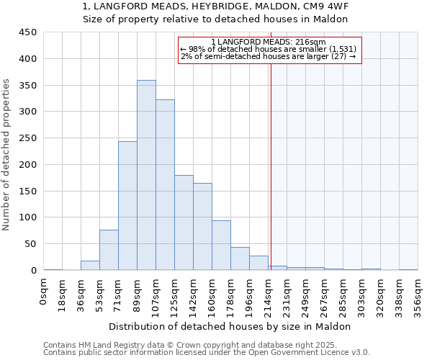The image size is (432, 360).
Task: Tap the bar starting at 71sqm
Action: (x=127, y=206)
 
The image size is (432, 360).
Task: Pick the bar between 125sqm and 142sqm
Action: (x=184, y=222)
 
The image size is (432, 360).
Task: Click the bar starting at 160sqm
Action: (x=221, y=246)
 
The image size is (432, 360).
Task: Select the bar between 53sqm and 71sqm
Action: (x=109, y=250)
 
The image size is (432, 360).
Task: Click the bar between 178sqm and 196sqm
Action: (x=240, y=258)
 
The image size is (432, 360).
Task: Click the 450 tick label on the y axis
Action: (x=28, y=32)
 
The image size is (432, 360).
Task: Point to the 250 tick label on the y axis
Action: (x=28, y=138)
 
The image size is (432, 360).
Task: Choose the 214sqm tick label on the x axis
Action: (x=268, y=294)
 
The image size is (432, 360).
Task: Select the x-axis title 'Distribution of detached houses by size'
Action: (x=230, y=326)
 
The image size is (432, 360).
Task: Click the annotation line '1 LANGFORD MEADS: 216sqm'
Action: (x=269, y=42)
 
